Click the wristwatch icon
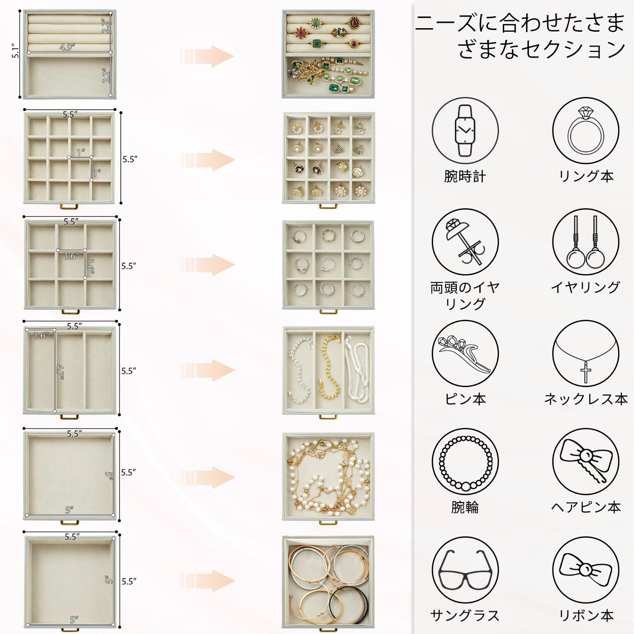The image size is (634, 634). [x=465, y=131]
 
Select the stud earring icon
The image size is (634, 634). [x=465, y=242]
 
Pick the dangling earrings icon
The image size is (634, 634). [x=585, y=242]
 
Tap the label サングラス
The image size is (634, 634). [x=464, y=615]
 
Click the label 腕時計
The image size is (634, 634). [x=465, y=176]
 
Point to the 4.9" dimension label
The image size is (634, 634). [x=67, y=47]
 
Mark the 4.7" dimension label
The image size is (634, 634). [x=60, y=372]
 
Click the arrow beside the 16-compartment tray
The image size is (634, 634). [x=208, y=160]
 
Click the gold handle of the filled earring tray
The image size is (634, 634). [x=328, y=206]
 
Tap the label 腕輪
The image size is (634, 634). [x=465, y=507]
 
